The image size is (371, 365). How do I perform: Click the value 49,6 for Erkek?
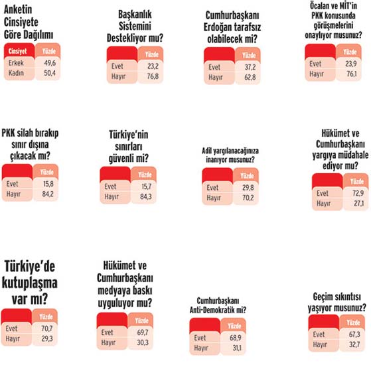tap(50, 63)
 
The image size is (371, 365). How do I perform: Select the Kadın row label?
tap(16, 73)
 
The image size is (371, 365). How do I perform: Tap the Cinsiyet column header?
tap(17, 51)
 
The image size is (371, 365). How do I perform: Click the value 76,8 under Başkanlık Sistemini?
tap(153, 76)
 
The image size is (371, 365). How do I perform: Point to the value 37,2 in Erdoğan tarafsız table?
tap(250, 67)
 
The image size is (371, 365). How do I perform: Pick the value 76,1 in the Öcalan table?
tap(352, 74)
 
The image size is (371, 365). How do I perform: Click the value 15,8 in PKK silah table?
tap(48, 184)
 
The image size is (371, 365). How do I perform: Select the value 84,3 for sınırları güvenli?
tap(146, 196)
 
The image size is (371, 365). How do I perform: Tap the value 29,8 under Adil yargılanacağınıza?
tap(248, 188)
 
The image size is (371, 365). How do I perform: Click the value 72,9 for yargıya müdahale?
tap(358, 193)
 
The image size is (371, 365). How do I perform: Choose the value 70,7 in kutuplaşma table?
tap(47, 328)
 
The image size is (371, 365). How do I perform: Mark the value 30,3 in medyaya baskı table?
tap(143, 342)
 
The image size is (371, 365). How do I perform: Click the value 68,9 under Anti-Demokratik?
tap(236, 338)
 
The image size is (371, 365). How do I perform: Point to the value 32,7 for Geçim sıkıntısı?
tap(354, 344)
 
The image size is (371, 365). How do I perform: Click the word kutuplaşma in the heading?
tap(30, 283)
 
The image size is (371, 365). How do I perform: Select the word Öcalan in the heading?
tap(319, 6)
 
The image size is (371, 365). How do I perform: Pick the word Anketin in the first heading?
tap(18, 10)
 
